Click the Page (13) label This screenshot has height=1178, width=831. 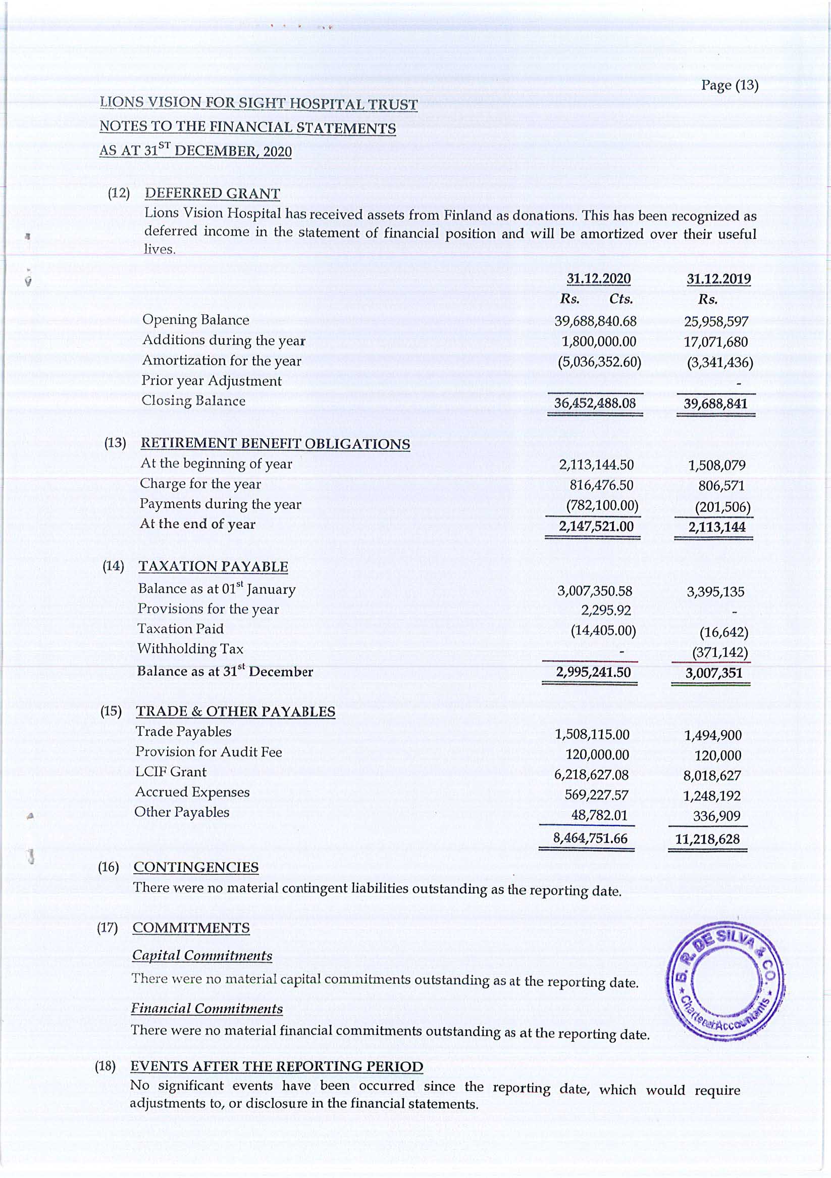coord(730,85)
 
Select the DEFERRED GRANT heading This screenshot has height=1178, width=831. coord(212,194)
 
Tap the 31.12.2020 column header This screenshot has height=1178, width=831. coord(598,278)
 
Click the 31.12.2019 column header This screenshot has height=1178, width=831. coord(718,279)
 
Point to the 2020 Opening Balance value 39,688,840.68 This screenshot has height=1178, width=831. coord(595,322)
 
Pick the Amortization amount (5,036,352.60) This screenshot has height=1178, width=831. coord(599,362)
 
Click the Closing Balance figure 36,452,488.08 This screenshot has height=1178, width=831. coord(595,403)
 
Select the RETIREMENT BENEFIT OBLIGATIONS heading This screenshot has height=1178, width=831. coord(275,444)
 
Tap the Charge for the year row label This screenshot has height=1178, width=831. coord(200,484)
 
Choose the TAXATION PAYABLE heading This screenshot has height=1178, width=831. coord(213,567)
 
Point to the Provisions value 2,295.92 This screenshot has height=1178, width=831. coord(605,610)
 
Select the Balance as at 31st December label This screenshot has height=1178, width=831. coord(225,672)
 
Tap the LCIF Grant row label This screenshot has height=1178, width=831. coord(171,772)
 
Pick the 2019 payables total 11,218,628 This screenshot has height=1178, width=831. coord(707,839)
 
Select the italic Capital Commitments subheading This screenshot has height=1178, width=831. coord(202,955)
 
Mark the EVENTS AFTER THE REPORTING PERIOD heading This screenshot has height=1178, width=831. coord(277,1066)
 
